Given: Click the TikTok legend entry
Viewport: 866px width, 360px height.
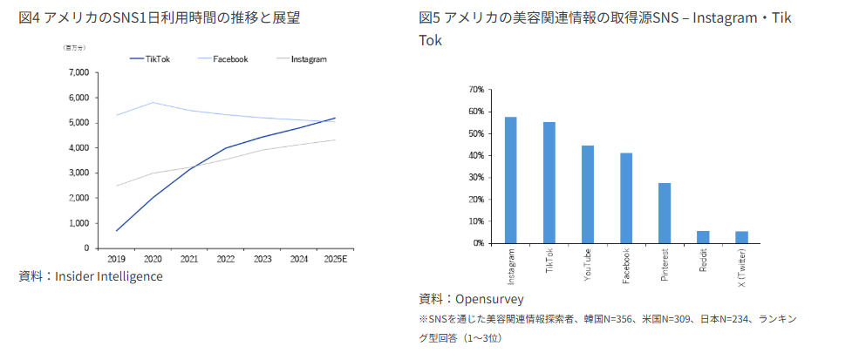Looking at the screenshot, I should [x=158, y=59].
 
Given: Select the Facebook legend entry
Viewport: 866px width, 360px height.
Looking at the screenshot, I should [x=231, y=59].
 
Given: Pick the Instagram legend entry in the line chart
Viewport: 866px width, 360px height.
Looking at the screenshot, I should [x=308, y=59].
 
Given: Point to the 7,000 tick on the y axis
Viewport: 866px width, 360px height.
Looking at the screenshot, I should [x=78, y=72].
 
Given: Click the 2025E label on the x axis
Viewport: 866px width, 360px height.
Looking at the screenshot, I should [x=335, y=258].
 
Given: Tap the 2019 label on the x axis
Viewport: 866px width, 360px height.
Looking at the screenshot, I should [x=116, y=258].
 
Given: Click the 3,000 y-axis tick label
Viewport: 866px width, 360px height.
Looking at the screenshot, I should [x=78, y=173].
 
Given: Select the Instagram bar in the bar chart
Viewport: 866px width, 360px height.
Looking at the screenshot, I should [x=510, y=180].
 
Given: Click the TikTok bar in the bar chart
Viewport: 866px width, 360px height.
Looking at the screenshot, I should [x=549, y=183].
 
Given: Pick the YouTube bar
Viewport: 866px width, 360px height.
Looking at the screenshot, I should [x=588, y=194].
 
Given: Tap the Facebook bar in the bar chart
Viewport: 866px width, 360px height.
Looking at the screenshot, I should [x=626, y=198].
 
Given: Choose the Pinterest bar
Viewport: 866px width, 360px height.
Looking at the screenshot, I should [x=665, y=213].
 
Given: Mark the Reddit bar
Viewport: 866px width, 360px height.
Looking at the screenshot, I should [x=703, y=237].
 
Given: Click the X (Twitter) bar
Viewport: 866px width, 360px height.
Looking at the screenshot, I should [x=741, y=237].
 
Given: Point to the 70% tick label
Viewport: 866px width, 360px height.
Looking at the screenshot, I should [x=476, y=90].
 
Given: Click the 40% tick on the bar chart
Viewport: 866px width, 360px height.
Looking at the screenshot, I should [x=476, y=156].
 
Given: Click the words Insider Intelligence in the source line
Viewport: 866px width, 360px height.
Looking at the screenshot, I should [x=108, y=276].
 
